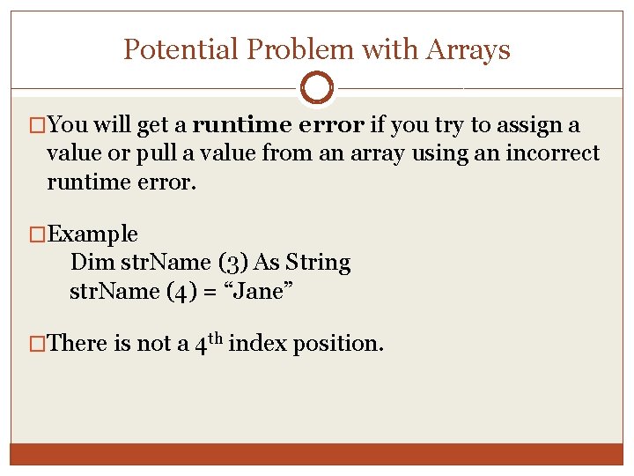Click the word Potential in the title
tap(169, 49)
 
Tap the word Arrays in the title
tap(468, 49)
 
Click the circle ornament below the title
tap(316, 88)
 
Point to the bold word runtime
tap(242, 125)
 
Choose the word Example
tap(93, 234)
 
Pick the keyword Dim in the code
tap(88, 263)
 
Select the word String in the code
tap(316, 263)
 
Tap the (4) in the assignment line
tap(181, 291)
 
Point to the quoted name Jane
tap(257, 291)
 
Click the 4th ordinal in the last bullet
tap(208, 342)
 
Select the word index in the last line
tap(258, 343)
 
